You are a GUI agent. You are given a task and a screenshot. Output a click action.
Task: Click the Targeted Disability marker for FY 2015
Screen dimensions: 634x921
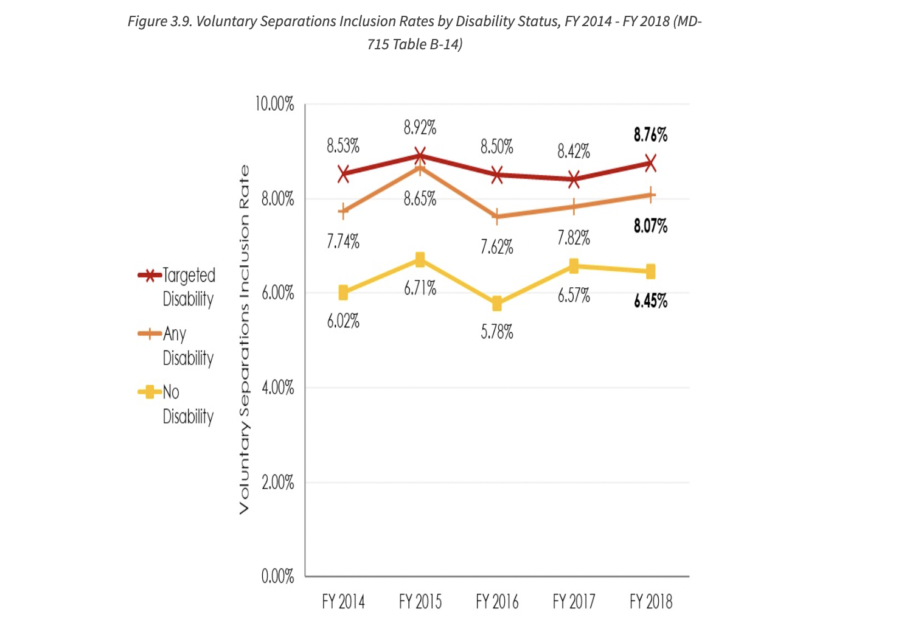pos(420,156)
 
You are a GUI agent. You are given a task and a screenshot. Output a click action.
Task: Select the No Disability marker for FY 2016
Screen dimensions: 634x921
pos(497,304)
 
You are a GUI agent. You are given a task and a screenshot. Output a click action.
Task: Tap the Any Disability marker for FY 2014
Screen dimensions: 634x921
pos(343,212)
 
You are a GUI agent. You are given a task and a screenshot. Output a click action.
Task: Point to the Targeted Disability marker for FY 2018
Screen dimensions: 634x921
pos(650,163)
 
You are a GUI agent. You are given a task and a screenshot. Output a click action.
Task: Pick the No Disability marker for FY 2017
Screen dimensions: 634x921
pos(574,266)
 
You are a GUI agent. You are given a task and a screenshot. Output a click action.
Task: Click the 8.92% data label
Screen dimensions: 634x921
pos(420,128)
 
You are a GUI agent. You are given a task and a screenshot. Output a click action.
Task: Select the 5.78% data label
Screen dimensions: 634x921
pos(497,332)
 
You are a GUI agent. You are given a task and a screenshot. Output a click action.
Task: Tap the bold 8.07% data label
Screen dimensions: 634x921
pos(650,226)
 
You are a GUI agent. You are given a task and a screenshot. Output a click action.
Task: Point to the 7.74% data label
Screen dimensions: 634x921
pos(343,242)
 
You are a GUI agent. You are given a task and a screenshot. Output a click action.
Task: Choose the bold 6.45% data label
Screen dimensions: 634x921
pos(650,301)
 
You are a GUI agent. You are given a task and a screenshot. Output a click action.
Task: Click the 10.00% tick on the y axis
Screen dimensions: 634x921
pos(274,104)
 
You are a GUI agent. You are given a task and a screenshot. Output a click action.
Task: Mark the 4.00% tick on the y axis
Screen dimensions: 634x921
pos(277,388)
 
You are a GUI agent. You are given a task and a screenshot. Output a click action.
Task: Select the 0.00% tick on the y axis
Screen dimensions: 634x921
pos(277,576)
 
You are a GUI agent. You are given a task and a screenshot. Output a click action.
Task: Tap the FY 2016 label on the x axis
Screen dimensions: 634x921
pos(497,602)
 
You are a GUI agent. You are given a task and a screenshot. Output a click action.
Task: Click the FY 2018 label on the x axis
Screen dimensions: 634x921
pos(651,602)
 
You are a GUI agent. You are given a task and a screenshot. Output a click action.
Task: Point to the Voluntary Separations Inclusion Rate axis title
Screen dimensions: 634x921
pos(244,340)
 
